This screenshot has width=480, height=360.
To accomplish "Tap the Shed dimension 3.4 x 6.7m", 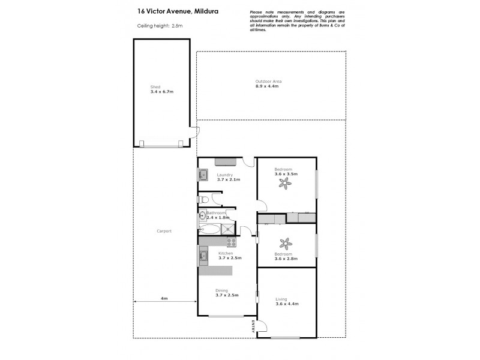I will [163, 92].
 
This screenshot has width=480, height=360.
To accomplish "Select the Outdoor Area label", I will [268, 81].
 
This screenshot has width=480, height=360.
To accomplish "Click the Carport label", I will [164, 231].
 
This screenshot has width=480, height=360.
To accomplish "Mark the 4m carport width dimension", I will [164, 298].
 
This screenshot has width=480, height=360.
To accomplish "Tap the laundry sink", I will [203, 175].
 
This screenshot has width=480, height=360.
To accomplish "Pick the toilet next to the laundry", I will [203, 199].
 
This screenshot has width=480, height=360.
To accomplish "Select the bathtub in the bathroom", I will [209, 229].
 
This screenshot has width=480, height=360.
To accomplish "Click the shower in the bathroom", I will [228, 229].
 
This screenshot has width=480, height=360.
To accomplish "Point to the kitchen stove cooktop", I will [231, 242].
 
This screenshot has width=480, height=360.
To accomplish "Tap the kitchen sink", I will [203, 257].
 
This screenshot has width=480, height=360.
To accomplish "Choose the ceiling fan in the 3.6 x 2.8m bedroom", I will [286, 244].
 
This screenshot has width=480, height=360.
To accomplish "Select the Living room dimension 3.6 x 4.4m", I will [286, 304].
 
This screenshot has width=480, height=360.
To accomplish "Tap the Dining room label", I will [222, 290].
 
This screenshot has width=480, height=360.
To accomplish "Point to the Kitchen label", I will [226, 253].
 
